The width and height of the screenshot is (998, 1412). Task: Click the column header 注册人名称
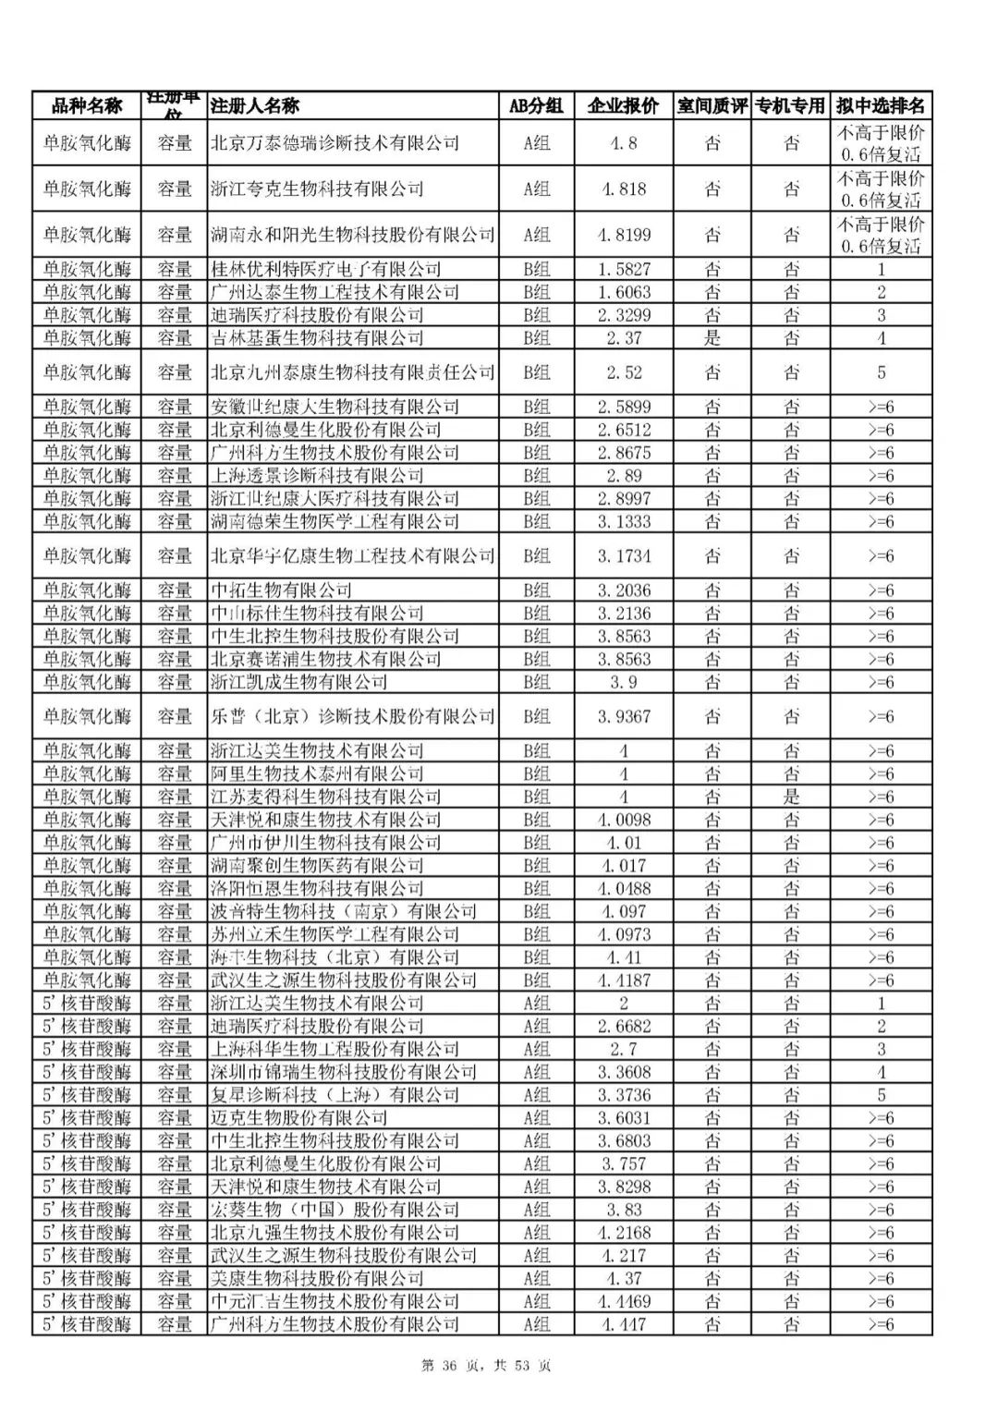pyautogui.click(x=255, y=106)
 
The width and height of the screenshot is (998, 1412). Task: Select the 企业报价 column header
pyautogui.click(x=624, y=106)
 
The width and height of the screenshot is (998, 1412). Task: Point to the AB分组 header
pyautogui.click(x=536, y=106)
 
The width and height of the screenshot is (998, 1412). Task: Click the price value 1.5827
pyautogui.click(x=624, y=270)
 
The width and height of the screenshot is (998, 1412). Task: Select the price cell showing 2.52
pyautogui.click(x=624, y=372)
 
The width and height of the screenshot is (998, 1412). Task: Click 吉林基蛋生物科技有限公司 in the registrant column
pyautogui.click(x=317, y=338)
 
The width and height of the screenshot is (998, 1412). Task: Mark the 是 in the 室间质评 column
pyautogui.click(x=712, y=338)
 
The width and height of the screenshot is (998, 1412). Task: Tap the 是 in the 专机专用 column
pyautogui.click(x=792, y=797)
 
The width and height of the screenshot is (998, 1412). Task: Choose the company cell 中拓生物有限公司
pyautogui.click(x=281, y=590)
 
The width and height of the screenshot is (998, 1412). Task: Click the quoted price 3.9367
pyautogui.click(x=624, y=717)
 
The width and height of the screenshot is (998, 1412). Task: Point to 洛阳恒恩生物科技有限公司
pyautogui.click(x=317, y=889)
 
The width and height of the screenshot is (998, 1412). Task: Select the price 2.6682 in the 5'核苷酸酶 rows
pyautogui.click(x=624, y=1027)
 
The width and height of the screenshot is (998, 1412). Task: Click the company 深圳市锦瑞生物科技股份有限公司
pyautogui.click(x=343, y=1072)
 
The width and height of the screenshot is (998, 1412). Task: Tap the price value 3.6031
pyautogui.click(x=624, y=1118)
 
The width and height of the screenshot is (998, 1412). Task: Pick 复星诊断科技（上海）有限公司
pyautogui.click(x=335, y=1095)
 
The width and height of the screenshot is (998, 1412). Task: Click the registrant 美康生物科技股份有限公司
pyautogui.click(x=317, y=1279)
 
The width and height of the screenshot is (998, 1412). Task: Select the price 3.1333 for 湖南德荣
pyautogui.click(x=624, y=522)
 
